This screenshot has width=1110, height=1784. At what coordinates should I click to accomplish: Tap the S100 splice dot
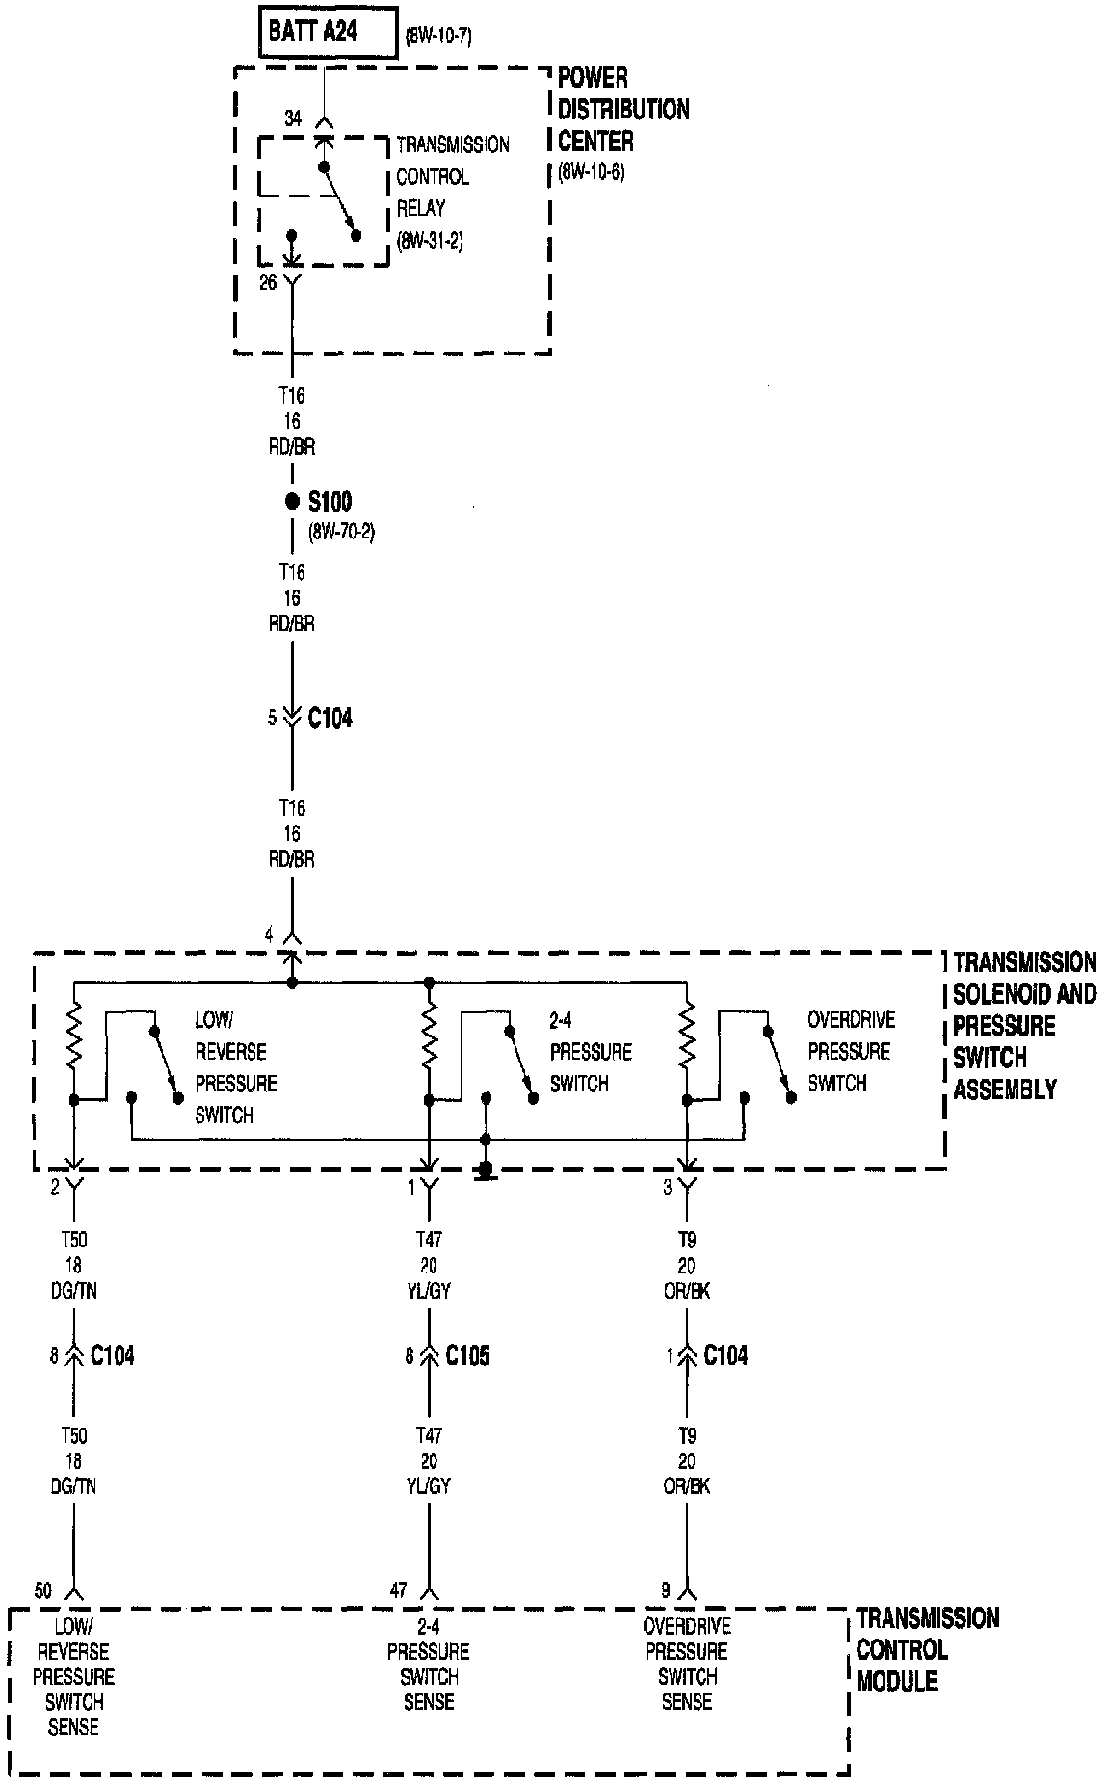292,501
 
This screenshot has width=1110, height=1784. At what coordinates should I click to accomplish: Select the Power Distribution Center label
623,110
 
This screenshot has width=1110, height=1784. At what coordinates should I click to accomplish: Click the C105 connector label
467,1356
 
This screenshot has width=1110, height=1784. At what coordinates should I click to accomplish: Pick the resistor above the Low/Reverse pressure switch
74,1037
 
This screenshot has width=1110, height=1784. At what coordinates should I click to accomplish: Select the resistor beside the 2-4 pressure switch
429,1037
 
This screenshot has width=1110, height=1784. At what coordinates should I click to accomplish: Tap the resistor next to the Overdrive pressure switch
686,1037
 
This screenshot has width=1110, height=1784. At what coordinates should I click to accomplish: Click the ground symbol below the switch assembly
486,1172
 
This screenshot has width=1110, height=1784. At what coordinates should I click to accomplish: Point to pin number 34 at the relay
293,118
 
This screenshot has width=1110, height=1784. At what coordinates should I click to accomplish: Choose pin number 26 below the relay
269,282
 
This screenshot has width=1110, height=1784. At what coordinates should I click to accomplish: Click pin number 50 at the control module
43,1590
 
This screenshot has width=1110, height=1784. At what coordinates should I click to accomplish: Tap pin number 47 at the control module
398,1590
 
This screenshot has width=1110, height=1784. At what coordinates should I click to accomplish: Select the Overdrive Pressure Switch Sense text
687,1677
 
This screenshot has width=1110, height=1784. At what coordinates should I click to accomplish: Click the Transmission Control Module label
927,1649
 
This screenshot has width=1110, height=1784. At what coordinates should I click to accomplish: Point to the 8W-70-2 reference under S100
341,532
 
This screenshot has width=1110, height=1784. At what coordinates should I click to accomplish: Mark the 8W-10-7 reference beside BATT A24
438,38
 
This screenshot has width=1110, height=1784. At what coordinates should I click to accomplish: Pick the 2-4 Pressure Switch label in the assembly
590,1052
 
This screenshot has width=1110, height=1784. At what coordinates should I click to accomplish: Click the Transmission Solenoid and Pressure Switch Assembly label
1024,1026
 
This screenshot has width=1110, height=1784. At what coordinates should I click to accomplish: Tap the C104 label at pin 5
330,719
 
